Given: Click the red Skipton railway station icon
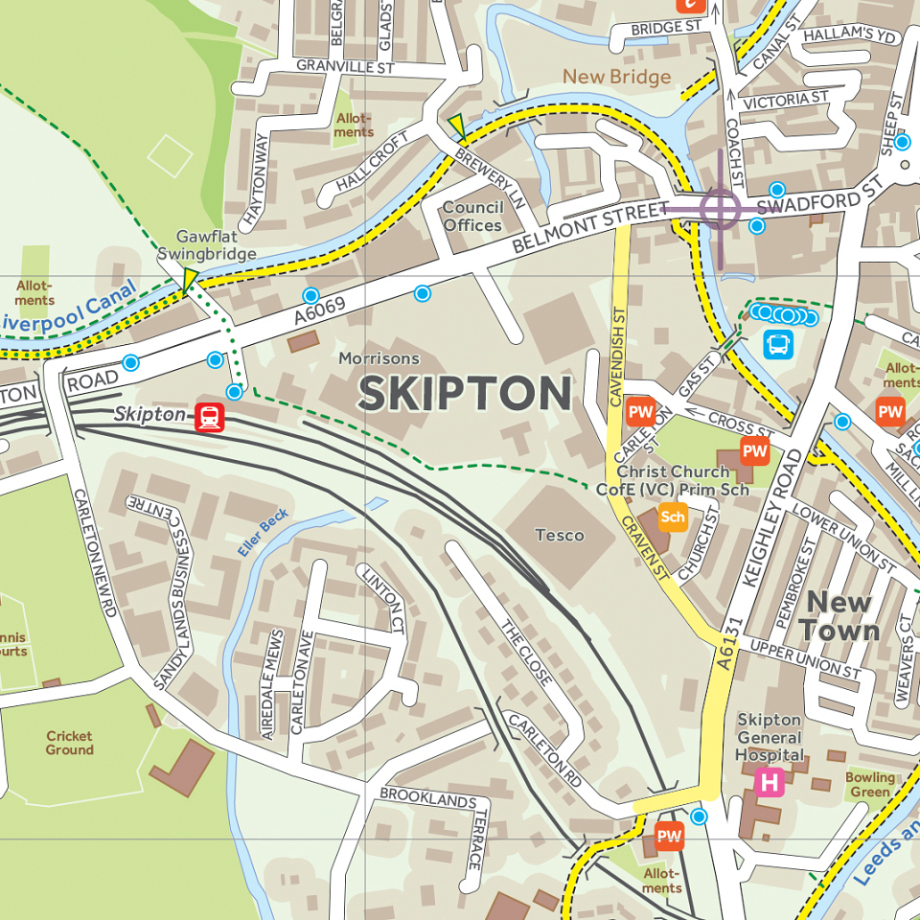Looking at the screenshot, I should (210, 417).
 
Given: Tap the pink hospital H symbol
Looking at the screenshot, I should (770, 782).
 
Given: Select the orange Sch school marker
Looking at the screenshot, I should (673, 517).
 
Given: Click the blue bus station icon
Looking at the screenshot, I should (777, 344).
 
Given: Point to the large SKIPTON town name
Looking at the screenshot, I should (465, 394).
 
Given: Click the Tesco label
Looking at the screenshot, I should (560, 535).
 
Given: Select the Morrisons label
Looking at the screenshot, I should (379, 358).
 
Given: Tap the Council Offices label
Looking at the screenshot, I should (472, 217).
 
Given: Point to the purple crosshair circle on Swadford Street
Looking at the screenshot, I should (720, 208).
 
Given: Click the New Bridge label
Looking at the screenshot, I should (616, 77).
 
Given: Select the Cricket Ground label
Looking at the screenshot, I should (70, 743).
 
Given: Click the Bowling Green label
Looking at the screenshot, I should (870, 784).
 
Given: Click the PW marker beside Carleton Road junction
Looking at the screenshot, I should (669, 836).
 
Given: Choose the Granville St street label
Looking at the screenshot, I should (345, 67).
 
